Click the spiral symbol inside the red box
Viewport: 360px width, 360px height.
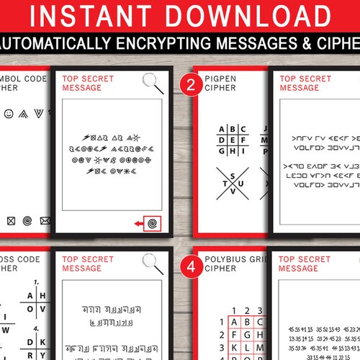pyautogui.click(x=152, y=225)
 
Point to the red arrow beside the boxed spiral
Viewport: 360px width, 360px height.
pyautogui.click(x=138, y=225)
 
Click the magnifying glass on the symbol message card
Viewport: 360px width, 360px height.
pyautogui.click(x=150, y=81)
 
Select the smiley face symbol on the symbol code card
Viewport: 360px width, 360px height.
pyautogui.click(x=9, y=114)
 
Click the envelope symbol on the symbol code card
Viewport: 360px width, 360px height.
pyautogui.click(x=45, y=220)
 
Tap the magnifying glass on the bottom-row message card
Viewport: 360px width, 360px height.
pyautogui.click(x=150, y=261)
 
